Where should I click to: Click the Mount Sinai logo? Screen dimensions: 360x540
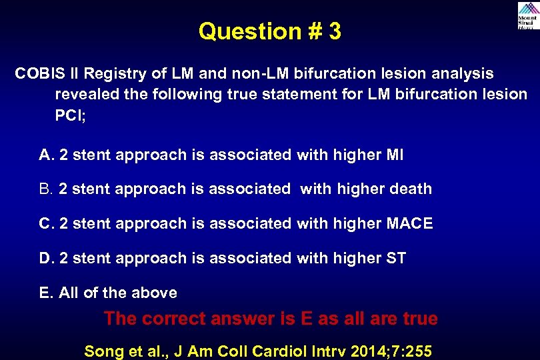tap(527, 15)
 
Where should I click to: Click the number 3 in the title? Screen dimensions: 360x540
tap(334, 31)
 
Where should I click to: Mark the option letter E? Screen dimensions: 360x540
tap(45, 293)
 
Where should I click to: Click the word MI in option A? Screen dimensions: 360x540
tap(395, 155)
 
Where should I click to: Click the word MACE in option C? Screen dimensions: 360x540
tap(409, 224)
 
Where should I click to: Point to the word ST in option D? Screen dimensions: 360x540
tap(396, 259)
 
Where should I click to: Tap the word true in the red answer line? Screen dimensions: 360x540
tap(417, 319)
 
